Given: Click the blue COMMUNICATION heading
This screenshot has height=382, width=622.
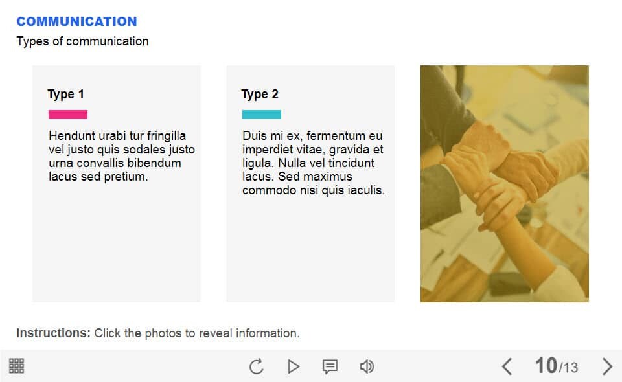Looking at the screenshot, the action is [76, 21].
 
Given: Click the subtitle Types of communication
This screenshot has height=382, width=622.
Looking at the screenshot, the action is [82, 41].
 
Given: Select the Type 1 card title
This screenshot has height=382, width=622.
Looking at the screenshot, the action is [65, 95].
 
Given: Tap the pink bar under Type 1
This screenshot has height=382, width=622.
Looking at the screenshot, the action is [68, 115].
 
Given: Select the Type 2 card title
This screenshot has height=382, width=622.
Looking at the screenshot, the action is [260, 95].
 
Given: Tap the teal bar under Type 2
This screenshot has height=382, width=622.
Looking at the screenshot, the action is [262, 115].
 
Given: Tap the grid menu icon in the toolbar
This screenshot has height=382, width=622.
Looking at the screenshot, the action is [17, 366].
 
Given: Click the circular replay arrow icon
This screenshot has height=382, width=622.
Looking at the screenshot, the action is [257, 366].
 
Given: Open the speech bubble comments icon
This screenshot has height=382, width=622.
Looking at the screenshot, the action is [330, 366].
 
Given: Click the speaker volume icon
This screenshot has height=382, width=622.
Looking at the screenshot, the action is [367, 366].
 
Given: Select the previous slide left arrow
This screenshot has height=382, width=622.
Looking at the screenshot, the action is [507, 366].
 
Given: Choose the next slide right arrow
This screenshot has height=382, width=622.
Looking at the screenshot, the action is [607, 366].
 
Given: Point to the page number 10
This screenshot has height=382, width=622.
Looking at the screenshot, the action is [546, 365].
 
